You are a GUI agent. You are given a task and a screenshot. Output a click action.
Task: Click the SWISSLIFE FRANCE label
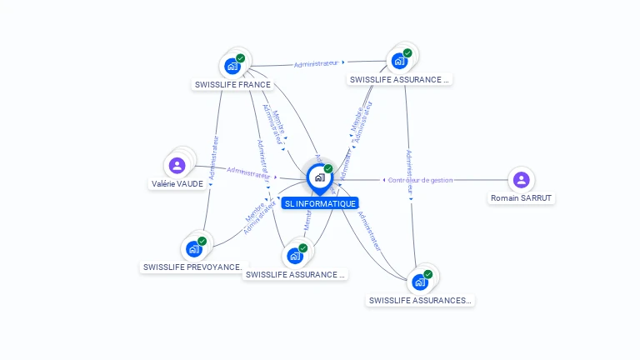tap(232, 84)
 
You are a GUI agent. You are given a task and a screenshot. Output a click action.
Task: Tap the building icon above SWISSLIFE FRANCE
tap(232, 66)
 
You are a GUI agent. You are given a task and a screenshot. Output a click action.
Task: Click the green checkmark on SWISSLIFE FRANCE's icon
tap(240, 58)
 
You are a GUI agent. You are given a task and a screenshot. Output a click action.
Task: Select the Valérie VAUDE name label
tap(177, 183)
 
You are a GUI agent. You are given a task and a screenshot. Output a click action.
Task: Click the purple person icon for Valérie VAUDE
tap(177, 165)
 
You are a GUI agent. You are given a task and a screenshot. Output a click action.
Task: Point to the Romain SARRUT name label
tap(522, 198)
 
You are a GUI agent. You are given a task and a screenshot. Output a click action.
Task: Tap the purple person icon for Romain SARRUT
tap(521, 179)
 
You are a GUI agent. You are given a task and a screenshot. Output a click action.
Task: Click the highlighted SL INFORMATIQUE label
tap(320, 203)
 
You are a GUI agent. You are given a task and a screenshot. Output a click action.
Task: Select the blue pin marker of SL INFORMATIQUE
tap(318, 177)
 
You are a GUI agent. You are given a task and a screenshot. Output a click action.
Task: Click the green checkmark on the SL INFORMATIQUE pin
tap(328, 169)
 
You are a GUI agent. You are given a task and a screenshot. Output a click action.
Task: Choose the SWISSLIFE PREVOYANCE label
tap(193, 267)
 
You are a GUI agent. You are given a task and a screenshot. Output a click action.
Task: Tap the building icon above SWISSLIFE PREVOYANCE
tap(193, 248)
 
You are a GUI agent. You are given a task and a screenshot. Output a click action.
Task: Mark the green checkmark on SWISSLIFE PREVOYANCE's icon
tap(202, 241)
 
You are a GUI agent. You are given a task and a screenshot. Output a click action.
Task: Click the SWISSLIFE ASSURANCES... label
tap(420, 300)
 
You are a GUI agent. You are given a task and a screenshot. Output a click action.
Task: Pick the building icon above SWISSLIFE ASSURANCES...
tap(419, 282)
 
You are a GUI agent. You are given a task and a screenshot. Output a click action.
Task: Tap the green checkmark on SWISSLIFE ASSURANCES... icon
tap(427, 274)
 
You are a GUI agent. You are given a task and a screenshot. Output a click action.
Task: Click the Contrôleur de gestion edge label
tap(420, 180)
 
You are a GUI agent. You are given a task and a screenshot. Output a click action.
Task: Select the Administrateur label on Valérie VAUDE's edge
tap(251, 172)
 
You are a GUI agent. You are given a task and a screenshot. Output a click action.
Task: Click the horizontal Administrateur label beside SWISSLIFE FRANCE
tap(317, 63)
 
